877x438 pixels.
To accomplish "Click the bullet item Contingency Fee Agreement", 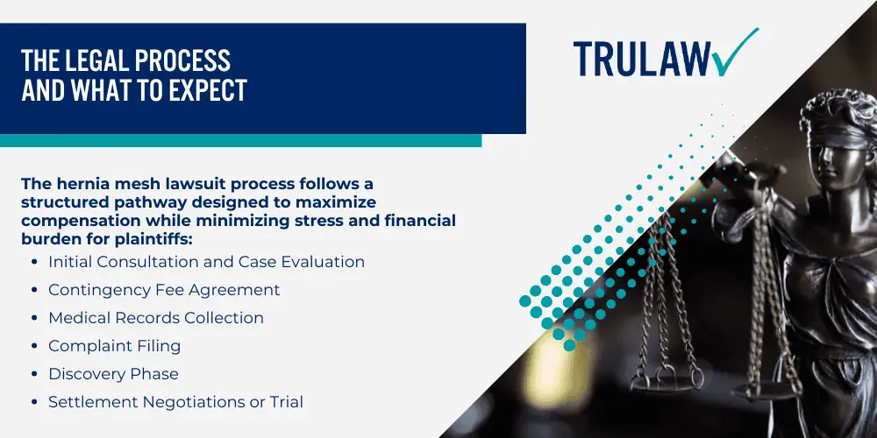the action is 164,290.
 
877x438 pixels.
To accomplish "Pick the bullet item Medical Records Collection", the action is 156,318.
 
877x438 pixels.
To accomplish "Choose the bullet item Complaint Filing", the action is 115,346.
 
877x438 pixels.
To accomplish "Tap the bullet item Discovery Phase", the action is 113,374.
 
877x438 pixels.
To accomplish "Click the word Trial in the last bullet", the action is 284,402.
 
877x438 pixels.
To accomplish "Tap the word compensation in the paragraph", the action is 65,220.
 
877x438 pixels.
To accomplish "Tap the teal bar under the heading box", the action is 240,140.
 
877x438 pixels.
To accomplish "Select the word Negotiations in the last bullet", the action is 200,402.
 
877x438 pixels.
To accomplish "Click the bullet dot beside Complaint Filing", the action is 35,346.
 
